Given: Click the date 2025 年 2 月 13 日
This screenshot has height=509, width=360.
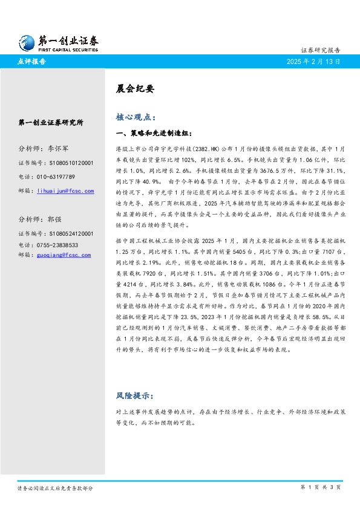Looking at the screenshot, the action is point(313,62).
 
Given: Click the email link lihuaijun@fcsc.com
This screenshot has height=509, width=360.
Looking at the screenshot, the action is point(65,191).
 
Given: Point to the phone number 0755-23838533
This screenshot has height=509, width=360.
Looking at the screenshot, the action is point(57,244).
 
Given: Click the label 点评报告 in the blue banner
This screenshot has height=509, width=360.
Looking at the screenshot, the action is point(31,62).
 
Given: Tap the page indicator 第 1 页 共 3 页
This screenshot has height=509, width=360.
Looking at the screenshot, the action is point(321,487).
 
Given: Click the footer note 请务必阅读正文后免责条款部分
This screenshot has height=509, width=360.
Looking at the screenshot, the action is point(55,487).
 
